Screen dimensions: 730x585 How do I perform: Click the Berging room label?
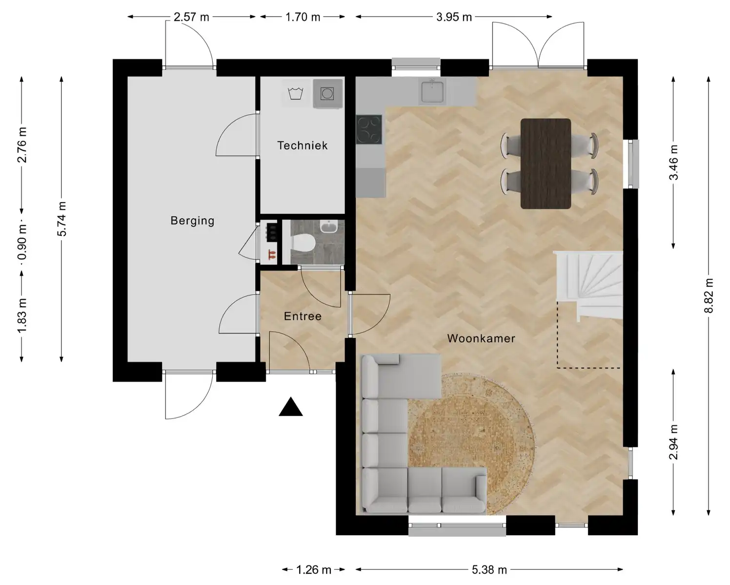[192, 221]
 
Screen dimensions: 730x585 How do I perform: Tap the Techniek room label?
[303, 146]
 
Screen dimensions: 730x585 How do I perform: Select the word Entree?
[303, 316]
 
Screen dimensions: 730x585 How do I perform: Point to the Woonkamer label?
[481, 338]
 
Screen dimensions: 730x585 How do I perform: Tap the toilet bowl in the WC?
[304, 243]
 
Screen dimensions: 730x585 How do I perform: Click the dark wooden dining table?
[546, 164]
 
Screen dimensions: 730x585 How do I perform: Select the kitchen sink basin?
[432, 91]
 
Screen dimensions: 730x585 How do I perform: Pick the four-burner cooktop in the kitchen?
[369, 130]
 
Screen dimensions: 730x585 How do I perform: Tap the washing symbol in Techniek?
[295, 93]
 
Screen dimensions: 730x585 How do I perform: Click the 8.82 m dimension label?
[709, 295]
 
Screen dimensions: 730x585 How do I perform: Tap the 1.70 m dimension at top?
[303, 17]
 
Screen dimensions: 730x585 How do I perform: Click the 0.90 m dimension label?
[22, 242]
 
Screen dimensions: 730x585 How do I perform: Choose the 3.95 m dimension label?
[454, 17]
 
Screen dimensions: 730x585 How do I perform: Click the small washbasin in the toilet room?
[328, 226]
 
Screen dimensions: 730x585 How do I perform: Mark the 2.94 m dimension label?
[673, 442]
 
